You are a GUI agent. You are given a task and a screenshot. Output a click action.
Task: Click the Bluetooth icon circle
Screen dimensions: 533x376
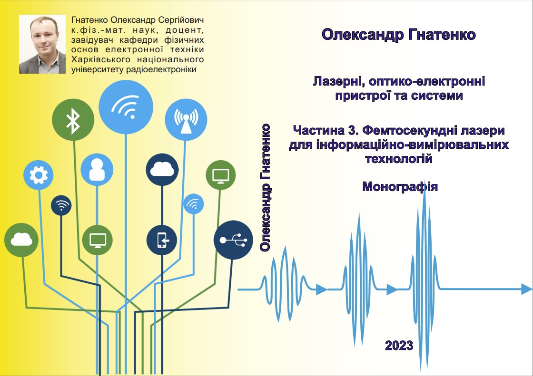pyautogui.click(x=73, y=120)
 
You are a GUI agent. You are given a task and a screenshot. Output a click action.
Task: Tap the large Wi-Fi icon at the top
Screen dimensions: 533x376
pyautogui.click(x=126, y=107)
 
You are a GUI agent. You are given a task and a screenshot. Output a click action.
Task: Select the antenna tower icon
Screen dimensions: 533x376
pyautogui.click(x=186, y=120)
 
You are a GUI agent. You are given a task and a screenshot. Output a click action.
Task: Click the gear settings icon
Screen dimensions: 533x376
pyautogui.click(x=39, y=175)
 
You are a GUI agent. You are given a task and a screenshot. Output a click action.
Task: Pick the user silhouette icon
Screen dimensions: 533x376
pyautogui.click(x=97, y=170)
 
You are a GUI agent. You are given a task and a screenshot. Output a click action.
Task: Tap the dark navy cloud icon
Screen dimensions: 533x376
pyautogui.click(x=162, y=170)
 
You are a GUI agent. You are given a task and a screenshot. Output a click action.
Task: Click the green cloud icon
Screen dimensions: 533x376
pyautogui.click(x=21, y=240)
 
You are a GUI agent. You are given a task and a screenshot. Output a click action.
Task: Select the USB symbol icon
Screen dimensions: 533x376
pyautogui.click(x=233, y=240)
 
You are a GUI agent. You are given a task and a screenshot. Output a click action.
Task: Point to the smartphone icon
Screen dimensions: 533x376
pyautogui.click(x=162, y=240)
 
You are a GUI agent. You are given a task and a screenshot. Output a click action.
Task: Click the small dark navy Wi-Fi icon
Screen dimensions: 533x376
pyautogui.click(x=61, y=205)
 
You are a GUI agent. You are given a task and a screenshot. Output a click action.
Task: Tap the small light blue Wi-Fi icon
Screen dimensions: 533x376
pyautogui.click(x=193, y=204)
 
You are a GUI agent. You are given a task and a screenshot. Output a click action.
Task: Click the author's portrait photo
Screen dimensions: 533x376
pyautogui.click(x=42, y=44)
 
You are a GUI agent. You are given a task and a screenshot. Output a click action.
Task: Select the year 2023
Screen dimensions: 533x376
pyautogui.click(x=399, y=346)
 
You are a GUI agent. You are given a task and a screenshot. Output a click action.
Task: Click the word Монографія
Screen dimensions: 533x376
pyautogui.click(x=400, y=187)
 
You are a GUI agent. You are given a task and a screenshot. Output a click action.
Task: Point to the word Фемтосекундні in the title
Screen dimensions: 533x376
pyautogui.click(x=406, y=130)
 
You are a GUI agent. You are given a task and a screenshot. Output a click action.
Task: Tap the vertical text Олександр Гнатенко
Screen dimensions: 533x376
pyautogui.click(x=265, y=188)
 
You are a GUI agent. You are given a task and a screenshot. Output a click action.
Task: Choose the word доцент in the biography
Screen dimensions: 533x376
pyautogui.click(x=185, y=30)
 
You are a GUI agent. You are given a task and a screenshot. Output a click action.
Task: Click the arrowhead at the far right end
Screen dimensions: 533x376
pyautogui.click(x=527, y=289)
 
